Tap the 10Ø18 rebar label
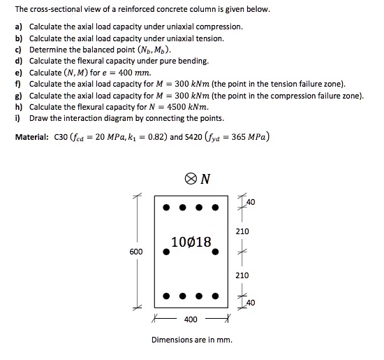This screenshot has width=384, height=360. point(189,242)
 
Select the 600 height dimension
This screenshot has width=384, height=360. point(136,251)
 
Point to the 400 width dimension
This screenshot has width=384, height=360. point(190,320)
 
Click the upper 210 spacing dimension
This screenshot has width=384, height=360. point(242,231)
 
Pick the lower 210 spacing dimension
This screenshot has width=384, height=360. point(242,275)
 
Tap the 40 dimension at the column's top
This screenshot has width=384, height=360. point(251,203)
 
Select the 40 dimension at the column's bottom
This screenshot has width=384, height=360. point(251,302)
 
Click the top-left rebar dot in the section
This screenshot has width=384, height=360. point(165,207)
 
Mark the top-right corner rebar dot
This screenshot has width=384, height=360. point(217,207)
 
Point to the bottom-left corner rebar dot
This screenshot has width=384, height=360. point(165,296)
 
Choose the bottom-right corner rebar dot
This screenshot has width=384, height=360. point(217,296)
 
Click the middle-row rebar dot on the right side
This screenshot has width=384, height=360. point(217,252)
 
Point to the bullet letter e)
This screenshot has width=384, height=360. point(19,73)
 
